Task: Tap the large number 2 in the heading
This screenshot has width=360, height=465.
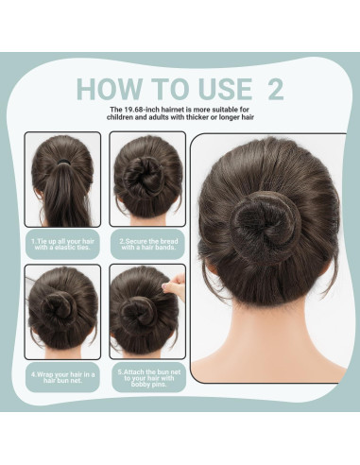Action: point(275,89)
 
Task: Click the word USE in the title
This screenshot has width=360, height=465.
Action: point(219,89)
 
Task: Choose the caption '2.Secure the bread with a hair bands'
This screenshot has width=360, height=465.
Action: point(146,245)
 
